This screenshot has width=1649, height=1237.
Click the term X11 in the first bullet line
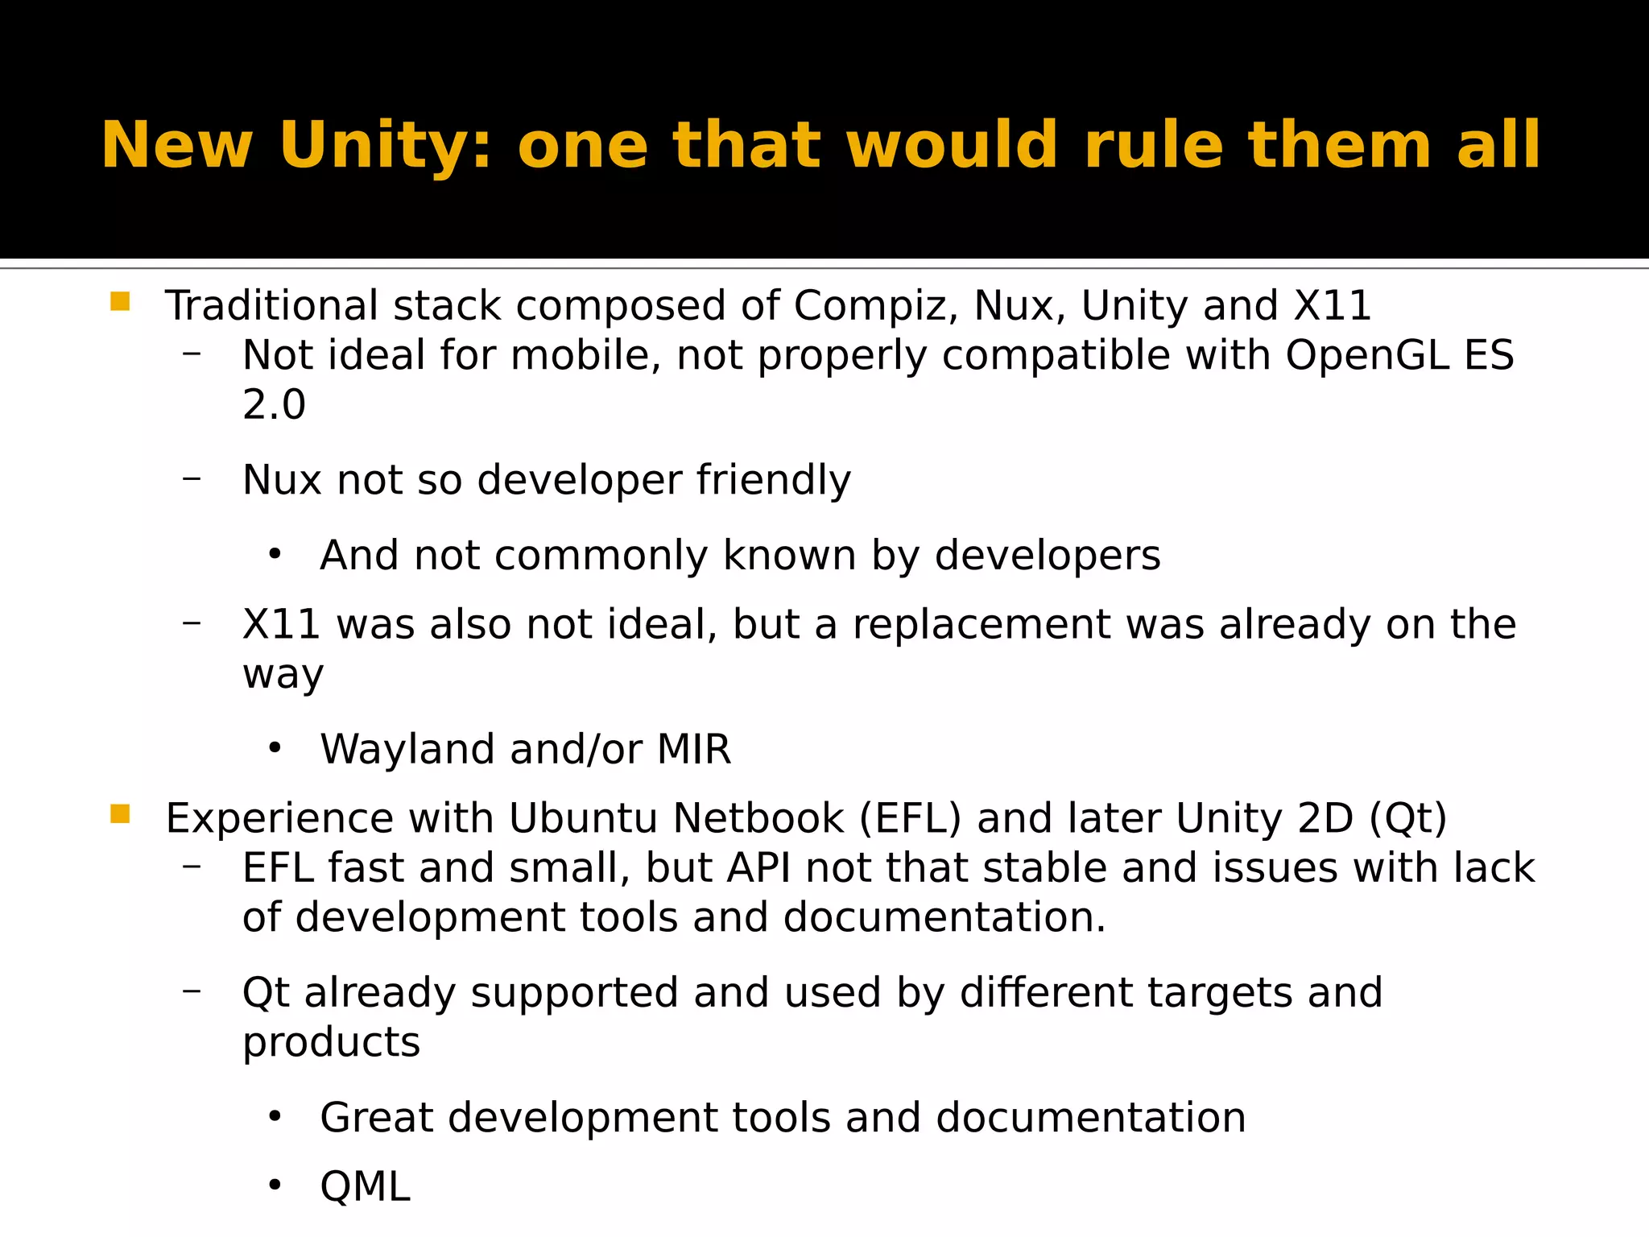1333,307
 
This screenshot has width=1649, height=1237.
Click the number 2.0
274,405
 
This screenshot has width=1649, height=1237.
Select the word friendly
773,481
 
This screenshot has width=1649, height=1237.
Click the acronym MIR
693,750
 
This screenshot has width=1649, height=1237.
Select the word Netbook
758,819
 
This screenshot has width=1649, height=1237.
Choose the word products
331,1043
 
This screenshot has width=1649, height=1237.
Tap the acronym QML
365,1187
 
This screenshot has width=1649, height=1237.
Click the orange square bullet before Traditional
120,302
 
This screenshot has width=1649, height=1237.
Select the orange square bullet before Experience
120,814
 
